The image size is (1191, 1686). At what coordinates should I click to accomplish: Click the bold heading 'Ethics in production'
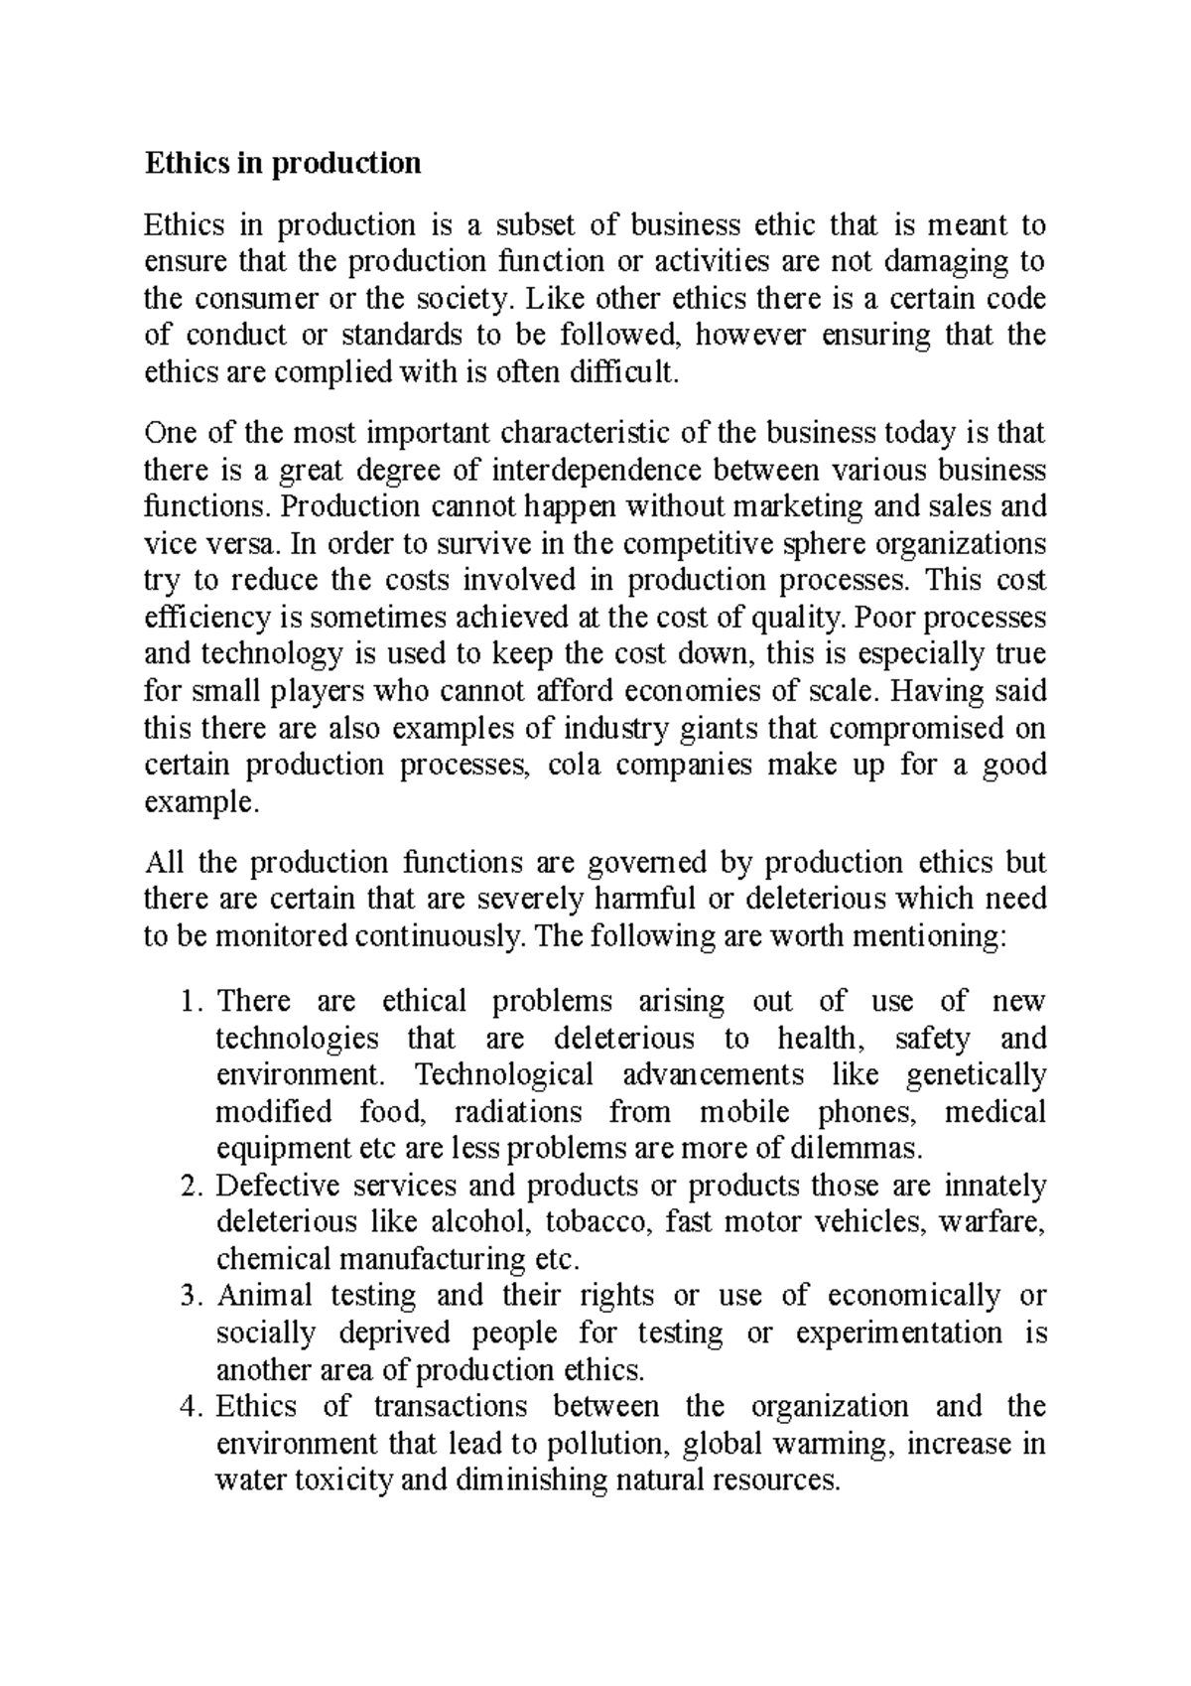(283, 163)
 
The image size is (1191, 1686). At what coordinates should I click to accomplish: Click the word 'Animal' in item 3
(263, 1296)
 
